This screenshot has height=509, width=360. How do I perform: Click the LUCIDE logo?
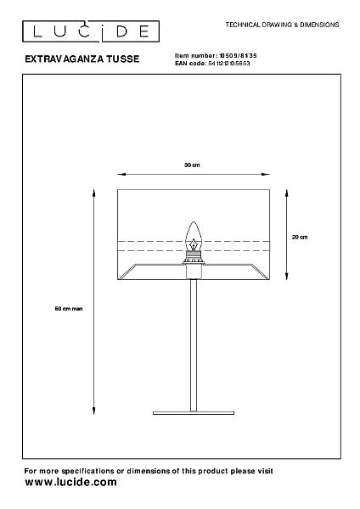91,31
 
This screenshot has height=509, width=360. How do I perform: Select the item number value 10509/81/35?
238,56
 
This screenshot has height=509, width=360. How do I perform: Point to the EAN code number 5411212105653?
229,64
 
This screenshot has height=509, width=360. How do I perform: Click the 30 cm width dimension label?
192,165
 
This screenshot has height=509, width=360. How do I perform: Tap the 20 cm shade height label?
300,237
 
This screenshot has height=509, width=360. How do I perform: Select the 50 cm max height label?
69,309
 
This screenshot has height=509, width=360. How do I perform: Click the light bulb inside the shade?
194,237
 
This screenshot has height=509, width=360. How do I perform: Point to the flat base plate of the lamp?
194,413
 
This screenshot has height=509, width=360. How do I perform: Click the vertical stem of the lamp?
194,345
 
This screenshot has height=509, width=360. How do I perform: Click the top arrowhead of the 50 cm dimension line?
94,193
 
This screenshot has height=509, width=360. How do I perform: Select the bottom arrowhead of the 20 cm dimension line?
287,276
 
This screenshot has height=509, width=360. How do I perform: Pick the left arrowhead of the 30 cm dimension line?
121,174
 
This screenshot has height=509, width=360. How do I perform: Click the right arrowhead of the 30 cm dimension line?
266,174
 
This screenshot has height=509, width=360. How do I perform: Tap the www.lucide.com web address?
70,482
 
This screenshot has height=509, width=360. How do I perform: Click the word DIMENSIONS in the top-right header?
319,25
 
